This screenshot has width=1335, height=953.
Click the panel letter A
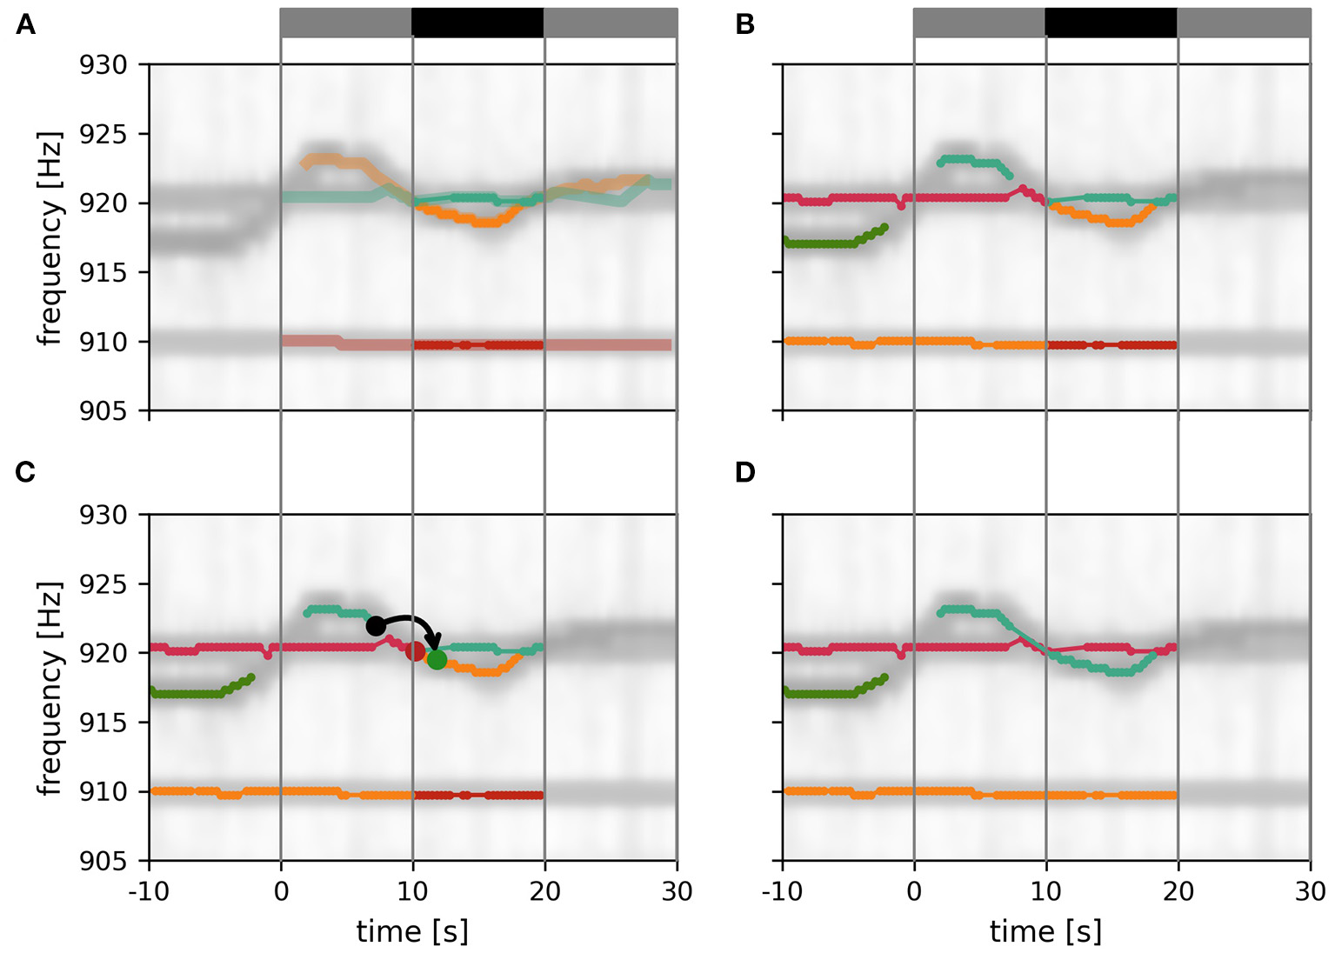26,25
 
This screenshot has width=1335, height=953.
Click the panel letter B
744,25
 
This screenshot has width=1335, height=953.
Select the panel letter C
26,472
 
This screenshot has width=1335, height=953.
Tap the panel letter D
745,472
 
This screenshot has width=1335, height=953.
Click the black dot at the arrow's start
376,626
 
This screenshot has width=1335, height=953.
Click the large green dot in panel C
437,660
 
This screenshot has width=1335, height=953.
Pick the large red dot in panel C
416,651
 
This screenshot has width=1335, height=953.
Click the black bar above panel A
477,23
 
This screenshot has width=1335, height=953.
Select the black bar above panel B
1111,23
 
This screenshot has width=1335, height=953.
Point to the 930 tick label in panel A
103,65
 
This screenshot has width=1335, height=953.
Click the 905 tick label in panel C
103,861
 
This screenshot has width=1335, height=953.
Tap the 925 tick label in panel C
103,584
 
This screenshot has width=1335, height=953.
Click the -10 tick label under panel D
782,891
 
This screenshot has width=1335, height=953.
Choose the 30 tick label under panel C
677,891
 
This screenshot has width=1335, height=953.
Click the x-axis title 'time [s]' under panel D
1045,931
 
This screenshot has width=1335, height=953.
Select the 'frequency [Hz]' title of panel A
50,238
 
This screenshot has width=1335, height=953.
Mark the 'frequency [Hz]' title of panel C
50,689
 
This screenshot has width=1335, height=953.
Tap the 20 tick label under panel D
1178,891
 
